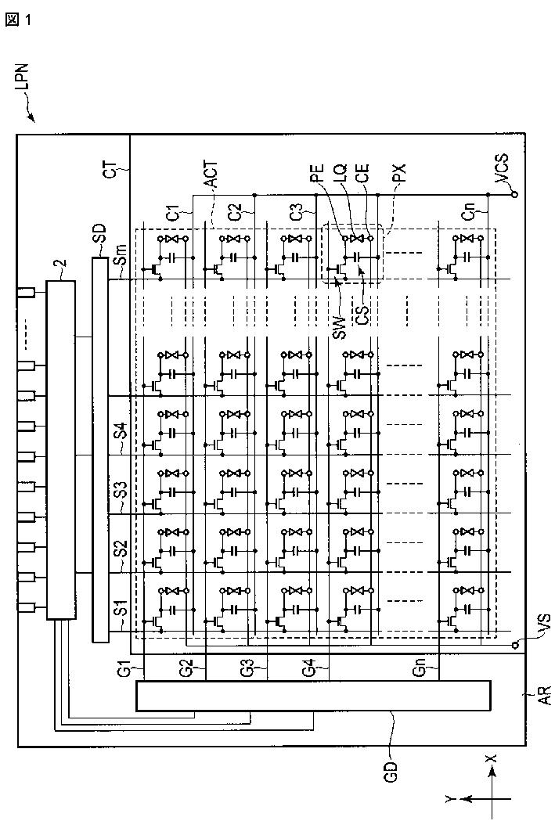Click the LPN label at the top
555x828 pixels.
click(23, 79)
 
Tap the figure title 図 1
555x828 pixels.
click(19, 20)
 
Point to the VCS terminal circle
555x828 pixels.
click(515, 194)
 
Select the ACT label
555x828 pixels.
click(211, 175)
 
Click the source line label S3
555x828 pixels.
click(121, 488)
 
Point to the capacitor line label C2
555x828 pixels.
click(234, 214)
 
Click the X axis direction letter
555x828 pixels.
click(491, 758)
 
